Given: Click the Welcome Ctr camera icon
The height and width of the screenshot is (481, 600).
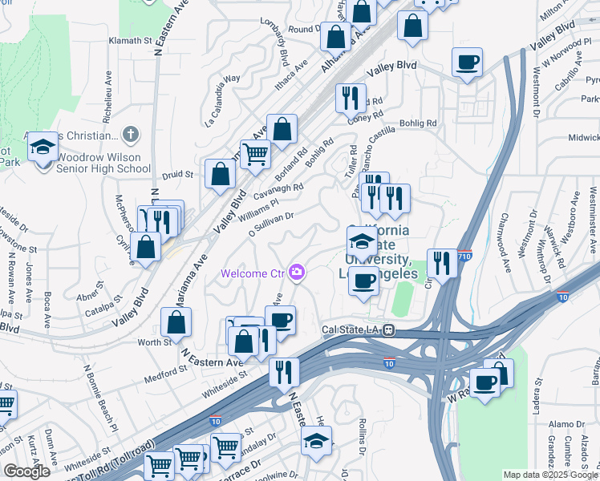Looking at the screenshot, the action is (x=298, y=273).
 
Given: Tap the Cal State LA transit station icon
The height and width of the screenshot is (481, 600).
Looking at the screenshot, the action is (x=388, y=329).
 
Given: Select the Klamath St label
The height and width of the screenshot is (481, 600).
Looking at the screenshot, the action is (x=130, y=40).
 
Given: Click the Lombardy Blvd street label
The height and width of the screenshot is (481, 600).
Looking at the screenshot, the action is (x=282, y=53).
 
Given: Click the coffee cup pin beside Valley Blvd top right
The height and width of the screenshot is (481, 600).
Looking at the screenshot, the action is (x=467, y=62).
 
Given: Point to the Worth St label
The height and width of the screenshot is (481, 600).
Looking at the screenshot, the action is (x=157, y=342).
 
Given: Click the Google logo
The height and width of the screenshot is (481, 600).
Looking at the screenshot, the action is (x=26, y=471).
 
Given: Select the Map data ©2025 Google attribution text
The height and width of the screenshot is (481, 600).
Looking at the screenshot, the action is (x=550, y=475).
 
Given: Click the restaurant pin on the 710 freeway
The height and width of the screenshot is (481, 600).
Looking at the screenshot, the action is (x=442, y=261).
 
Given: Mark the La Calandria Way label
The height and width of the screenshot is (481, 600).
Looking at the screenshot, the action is (x=223, y=101).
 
